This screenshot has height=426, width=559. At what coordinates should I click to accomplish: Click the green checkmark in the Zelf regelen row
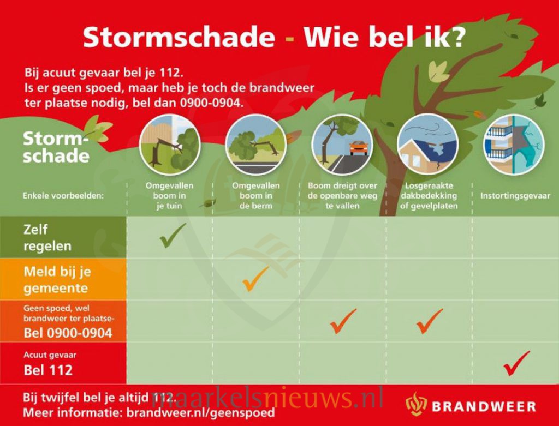172,236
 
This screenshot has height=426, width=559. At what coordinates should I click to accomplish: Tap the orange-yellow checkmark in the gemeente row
255,279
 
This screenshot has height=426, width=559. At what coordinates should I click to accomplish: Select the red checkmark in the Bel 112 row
516,363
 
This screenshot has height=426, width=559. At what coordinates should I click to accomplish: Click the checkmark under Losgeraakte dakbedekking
430,321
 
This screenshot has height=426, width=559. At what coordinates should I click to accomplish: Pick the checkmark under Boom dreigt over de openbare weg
343,321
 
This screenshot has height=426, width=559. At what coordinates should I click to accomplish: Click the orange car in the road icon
359,148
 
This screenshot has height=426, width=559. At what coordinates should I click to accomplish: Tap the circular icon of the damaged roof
428,145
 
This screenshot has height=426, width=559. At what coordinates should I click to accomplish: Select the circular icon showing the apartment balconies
514,145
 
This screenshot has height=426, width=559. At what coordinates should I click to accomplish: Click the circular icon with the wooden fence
170,145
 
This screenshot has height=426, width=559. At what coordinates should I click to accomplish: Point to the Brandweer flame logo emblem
416,404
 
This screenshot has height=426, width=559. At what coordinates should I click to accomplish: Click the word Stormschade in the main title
179,37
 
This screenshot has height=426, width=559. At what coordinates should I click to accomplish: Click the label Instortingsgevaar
515,196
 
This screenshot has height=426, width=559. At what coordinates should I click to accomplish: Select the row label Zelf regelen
47,238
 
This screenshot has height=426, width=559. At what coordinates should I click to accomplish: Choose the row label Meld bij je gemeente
57,280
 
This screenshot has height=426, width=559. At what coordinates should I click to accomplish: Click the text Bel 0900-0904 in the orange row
68,333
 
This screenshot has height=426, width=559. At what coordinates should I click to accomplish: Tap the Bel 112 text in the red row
48,370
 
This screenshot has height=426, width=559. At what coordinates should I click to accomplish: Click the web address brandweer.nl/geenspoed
201,412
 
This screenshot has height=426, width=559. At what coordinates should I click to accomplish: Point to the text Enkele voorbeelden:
63,196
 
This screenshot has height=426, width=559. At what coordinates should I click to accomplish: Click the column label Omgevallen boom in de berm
256,196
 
